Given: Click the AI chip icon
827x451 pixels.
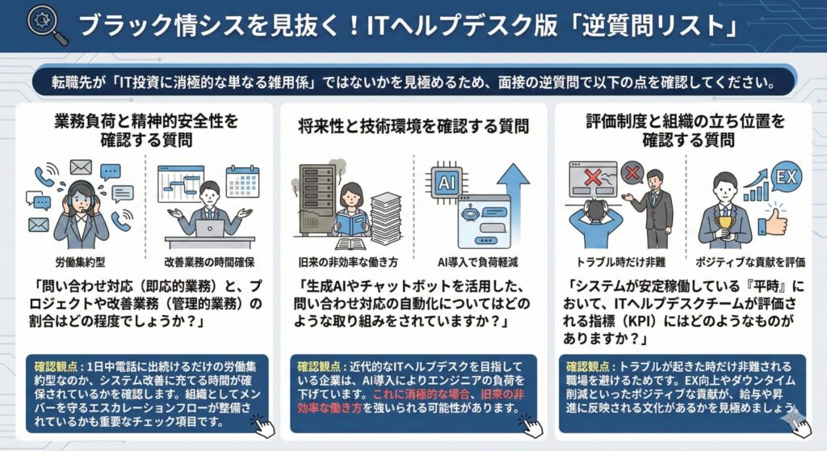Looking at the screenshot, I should (x=446, y=182).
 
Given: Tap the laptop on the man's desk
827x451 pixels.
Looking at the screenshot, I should (x=210, y=229).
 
